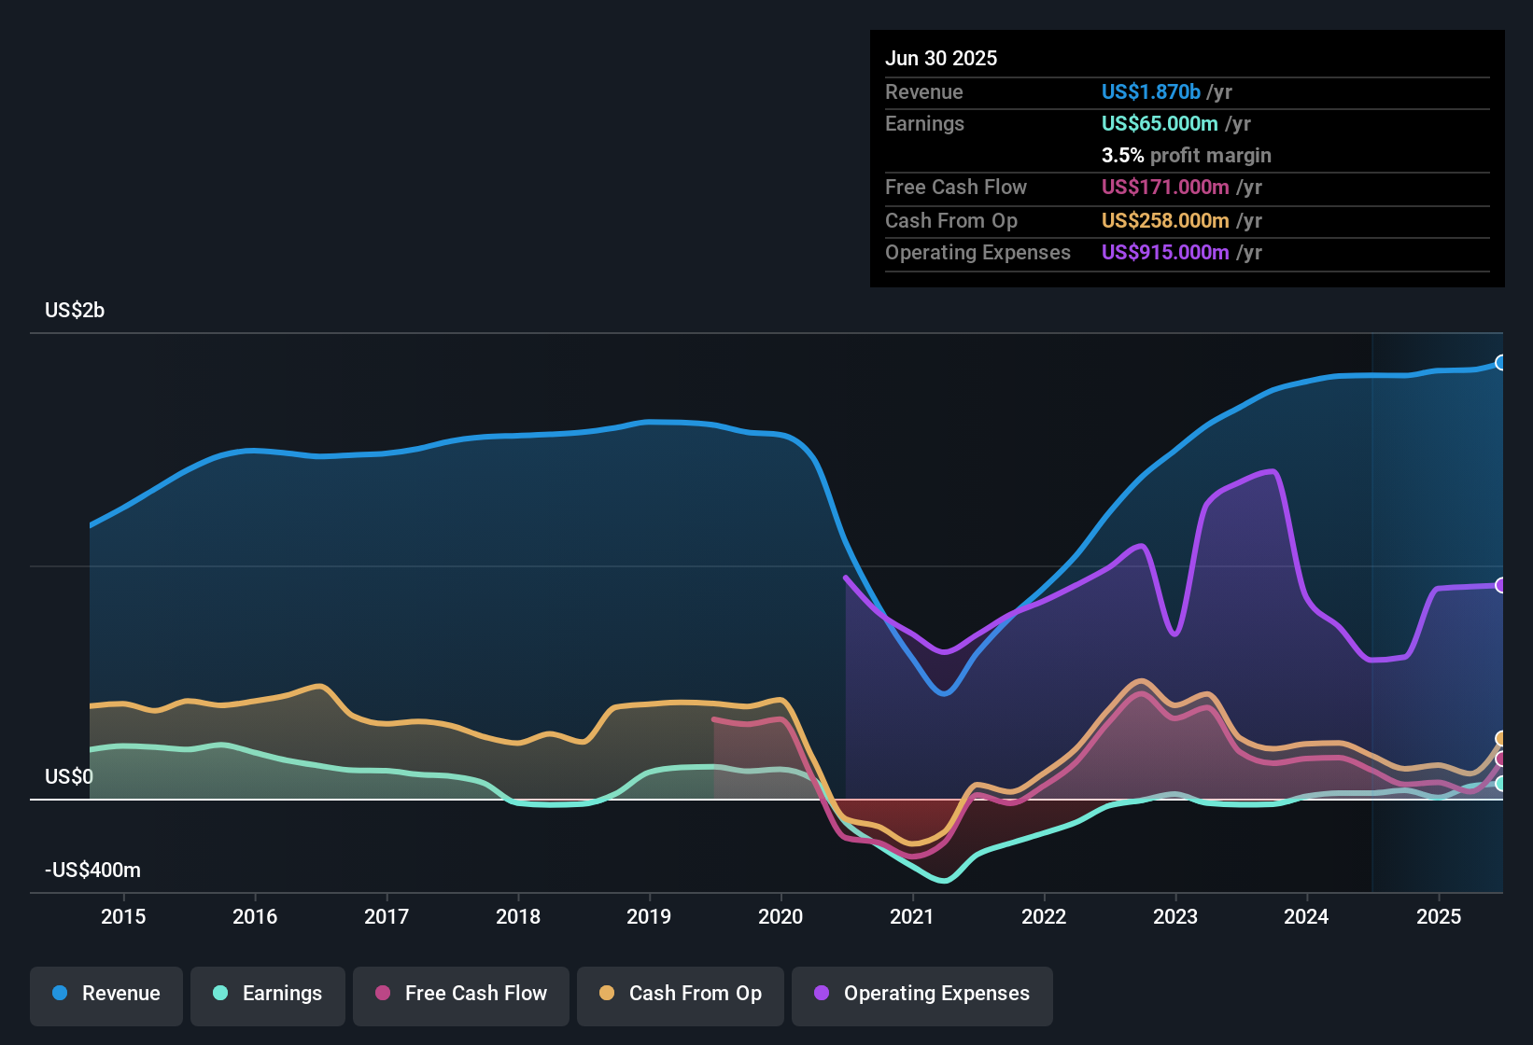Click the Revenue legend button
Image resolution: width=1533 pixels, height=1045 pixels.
tap(106, 994)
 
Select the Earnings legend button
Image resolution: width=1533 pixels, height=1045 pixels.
tap(268, 994)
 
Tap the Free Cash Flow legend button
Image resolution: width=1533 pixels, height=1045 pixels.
tap(461, 994)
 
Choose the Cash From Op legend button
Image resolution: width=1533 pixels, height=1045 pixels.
tap(681, 994)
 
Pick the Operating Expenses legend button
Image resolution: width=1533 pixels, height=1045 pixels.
tap(922, 994)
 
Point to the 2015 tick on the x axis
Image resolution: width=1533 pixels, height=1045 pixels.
tap(123, 916)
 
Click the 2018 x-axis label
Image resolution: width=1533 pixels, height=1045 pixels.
tap(518, 916)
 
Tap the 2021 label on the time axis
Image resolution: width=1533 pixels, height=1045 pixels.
tap(912, 916)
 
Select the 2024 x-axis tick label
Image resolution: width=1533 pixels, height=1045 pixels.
tap(1306, 916)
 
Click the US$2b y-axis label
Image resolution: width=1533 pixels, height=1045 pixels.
tap(75, 311)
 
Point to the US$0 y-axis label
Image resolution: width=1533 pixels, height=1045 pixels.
tap(69, 777)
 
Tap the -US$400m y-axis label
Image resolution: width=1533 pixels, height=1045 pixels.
tap(92, 871)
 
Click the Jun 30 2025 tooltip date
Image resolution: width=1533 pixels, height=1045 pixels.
tap(941, 59)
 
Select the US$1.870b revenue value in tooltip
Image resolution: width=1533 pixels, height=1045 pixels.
tap(1150, 92)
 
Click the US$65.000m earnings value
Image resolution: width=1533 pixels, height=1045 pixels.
tap(1160, 124)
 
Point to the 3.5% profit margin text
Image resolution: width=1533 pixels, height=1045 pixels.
tap(1186, 156)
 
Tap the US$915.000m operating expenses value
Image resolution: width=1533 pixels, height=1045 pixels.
tap(1165, 253)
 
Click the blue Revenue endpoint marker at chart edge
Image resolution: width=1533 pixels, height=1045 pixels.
tap(1500, 363)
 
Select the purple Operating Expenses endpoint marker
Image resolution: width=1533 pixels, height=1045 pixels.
tap(1500, 585)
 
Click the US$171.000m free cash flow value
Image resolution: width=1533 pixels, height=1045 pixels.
tap(1165, 188)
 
